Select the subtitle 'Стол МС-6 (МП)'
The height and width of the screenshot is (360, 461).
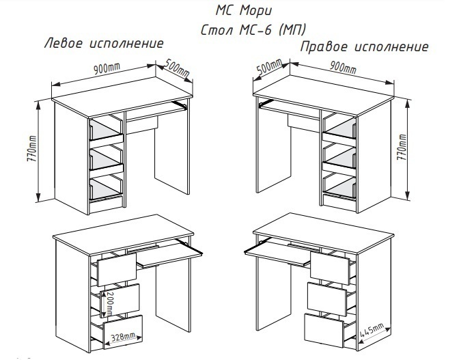(x=253, y=30)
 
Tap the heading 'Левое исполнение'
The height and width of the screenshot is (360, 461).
(x=103, y=43)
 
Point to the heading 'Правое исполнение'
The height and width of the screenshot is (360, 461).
(x=365, y=47)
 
